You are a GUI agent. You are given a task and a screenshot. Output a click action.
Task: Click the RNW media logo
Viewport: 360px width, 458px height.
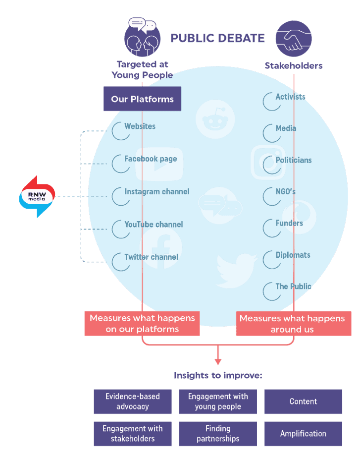coord(37,196)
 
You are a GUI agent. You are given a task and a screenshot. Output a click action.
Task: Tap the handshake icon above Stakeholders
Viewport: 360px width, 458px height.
coord(294,39)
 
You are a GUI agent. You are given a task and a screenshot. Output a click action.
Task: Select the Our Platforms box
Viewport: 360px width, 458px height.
coord(142,99)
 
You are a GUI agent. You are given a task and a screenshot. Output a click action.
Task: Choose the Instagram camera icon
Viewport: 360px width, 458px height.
coord(268,162)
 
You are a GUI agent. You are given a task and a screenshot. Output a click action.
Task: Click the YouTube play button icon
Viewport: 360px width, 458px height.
coord(159,164)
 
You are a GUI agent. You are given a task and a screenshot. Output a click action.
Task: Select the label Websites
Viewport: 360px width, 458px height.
coord(140,126)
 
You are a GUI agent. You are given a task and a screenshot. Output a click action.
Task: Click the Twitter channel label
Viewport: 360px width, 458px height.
coord(151,257)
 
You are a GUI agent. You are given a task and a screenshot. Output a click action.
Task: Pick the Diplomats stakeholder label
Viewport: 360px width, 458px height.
coord(293,255)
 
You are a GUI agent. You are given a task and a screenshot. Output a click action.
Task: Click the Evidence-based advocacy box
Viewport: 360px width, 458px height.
coord(132,401)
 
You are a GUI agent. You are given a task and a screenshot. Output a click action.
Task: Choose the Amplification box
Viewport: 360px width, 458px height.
coord(303,434)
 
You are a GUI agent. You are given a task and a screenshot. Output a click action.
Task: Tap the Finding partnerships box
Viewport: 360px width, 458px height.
coord(218,434)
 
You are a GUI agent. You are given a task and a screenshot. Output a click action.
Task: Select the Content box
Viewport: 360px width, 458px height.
coord(303,401)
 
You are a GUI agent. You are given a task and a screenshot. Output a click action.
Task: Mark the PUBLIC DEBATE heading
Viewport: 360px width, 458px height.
coord(218,38)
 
